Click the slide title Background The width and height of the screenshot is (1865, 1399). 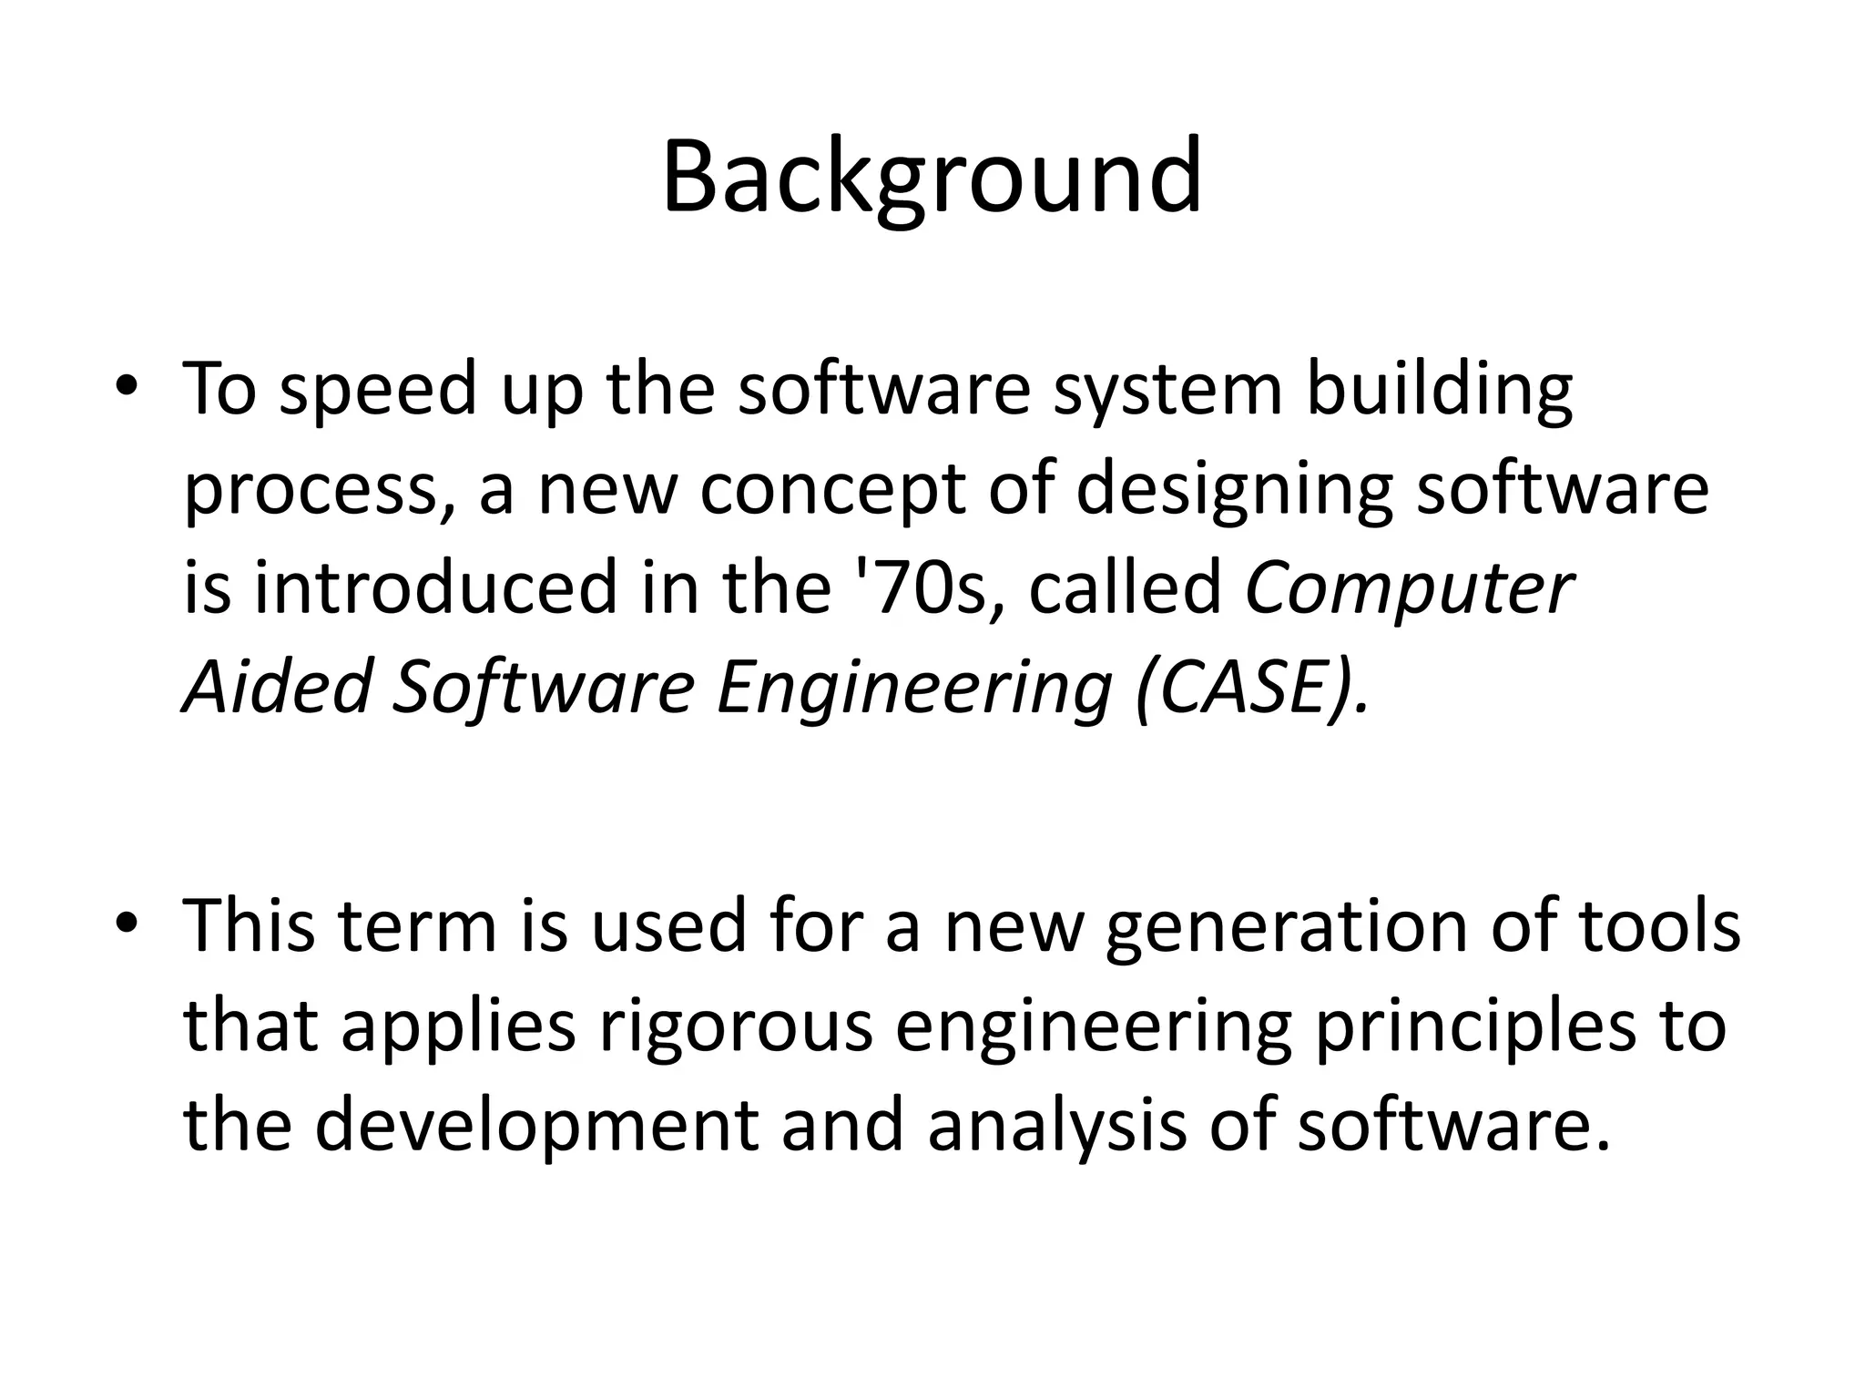(932, 179)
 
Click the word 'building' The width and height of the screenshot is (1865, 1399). (1440, 390)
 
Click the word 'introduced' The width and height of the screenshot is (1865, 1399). (436, 587)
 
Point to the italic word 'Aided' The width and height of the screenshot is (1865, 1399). (278, 687)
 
